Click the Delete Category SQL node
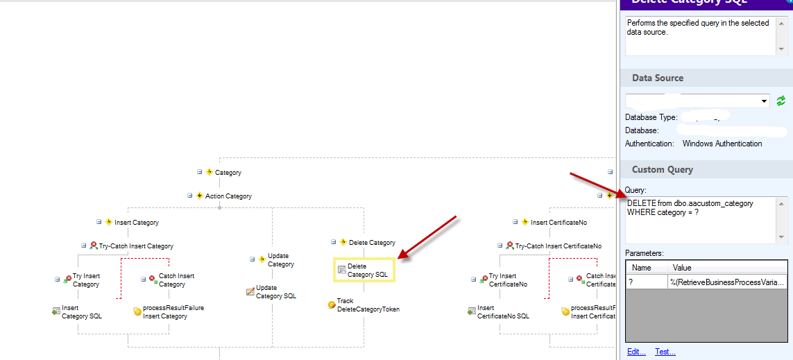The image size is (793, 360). click(x=364, y=271)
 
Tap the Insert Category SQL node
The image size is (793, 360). click(x=76, y=312)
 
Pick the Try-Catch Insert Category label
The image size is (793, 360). click(x=135, y=246)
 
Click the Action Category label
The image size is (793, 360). click(x=228, y=196)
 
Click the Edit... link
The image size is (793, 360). click(x=636, y=352)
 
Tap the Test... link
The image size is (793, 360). click(x=665, y=352)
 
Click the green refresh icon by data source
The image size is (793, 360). click(x=781, y=101)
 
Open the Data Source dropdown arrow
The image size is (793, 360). click(x=764, y=101)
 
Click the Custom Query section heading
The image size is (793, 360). click(x=662, y=169)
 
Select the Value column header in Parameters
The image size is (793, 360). click(x=681, y=267)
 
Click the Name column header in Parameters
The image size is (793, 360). click(x=642, y=267)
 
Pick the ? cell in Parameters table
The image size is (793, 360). click(x=645, y=282)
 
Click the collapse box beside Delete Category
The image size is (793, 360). click(x=334, y=242)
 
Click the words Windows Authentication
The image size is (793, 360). click(x=722, y=144)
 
